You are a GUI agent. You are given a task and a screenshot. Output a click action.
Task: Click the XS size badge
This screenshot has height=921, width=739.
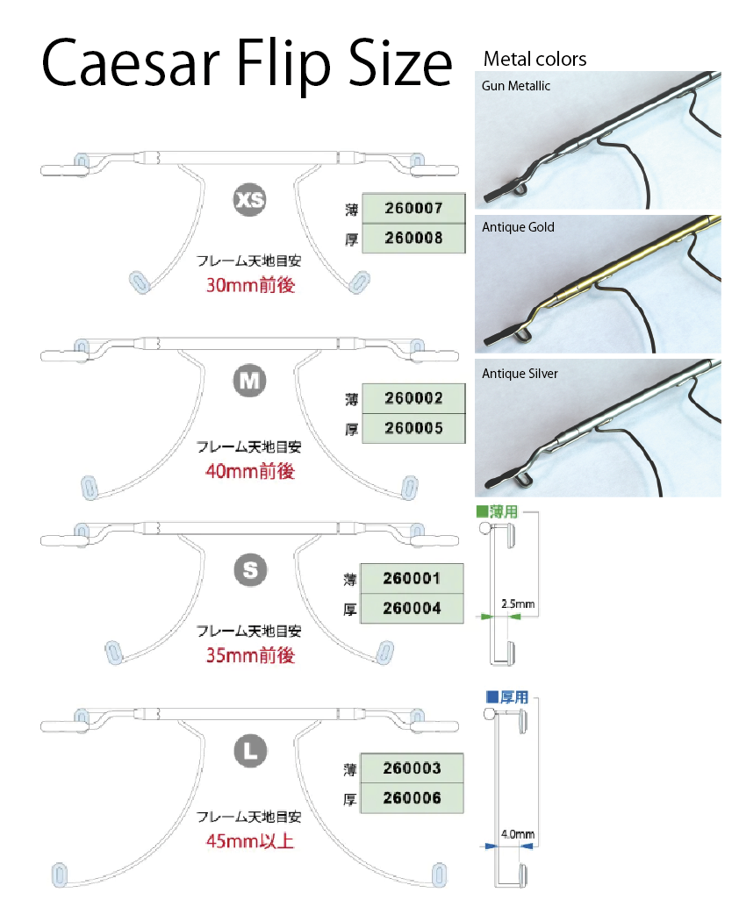tap(249, 200)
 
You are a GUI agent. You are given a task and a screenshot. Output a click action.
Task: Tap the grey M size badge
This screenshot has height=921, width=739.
tap(249, 381)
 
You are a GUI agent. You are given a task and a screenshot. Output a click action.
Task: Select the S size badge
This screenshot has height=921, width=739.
tap(250, 570)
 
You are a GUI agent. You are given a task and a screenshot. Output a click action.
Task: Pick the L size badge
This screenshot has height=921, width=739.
tap(250, 751)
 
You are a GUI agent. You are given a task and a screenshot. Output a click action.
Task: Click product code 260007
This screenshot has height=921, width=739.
tap(413, 208)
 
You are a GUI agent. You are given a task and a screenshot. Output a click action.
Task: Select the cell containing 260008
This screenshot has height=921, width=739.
tap(413, 238)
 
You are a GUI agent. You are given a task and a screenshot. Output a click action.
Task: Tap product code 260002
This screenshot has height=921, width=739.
tap(413, 398)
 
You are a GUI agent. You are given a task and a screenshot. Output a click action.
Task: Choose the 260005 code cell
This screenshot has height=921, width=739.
tap(413, 428)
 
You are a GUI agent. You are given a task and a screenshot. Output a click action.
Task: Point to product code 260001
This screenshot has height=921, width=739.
tap(412, 579)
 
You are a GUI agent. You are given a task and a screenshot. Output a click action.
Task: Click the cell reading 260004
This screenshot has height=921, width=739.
tap(412, 608)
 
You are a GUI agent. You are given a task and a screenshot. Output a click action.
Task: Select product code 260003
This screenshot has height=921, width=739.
tap(412, 768)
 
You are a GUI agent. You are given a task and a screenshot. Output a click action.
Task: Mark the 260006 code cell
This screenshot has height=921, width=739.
tap(412, 798)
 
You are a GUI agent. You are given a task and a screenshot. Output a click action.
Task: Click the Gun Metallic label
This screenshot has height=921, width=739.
tap(515, 86)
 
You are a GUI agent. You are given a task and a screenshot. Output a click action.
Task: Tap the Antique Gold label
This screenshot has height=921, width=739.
tap(518, 227)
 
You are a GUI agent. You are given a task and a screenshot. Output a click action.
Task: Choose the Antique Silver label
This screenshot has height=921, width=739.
tap(520, 374)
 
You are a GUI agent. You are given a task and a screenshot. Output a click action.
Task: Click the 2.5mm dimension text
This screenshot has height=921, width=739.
tap(518, 603)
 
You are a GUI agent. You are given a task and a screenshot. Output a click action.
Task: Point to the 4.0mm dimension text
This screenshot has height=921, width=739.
tap(518, 834)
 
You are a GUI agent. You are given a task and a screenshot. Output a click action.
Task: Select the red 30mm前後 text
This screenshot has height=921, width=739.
tap(250, 285)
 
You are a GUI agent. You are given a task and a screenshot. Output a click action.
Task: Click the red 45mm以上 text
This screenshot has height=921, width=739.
tap(250, 841)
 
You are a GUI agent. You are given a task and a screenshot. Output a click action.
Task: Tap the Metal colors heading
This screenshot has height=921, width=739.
tap(535, 59)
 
